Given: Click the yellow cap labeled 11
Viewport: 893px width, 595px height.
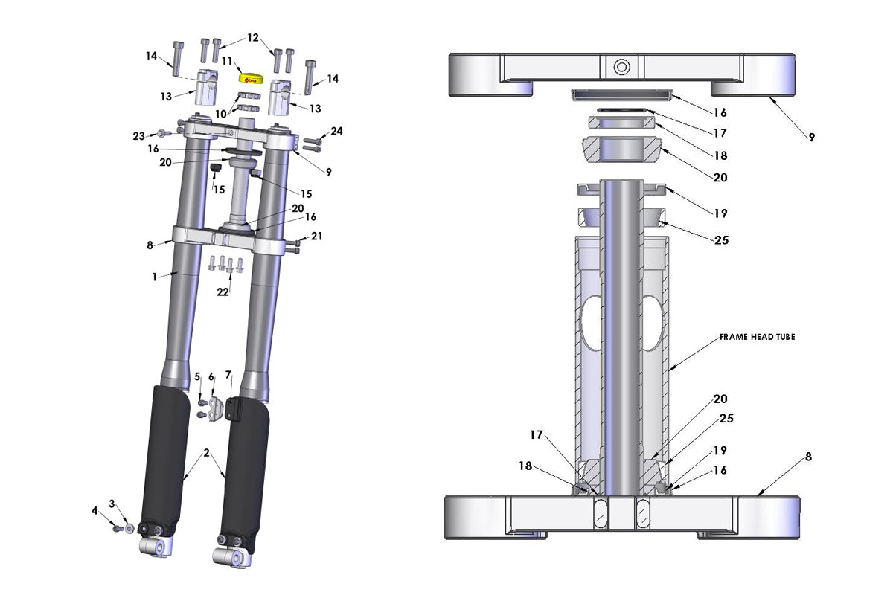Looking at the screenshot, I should pos(248,77).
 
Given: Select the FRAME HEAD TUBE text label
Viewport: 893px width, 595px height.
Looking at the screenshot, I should pos(757,337).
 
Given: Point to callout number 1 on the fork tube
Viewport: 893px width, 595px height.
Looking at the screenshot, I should pos(154,277).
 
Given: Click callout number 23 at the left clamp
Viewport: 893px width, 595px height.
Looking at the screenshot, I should pos(138,136).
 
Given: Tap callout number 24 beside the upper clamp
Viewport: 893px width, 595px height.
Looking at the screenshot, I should pos(336,132).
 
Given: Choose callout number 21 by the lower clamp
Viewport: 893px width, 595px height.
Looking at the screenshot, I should pos(317,237).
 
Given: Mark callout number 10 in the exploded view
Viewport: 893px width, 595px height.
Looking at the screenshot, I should pos(221,113).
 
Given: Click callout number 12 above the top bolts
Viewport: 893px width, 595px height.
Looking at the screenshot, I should pos(253,37).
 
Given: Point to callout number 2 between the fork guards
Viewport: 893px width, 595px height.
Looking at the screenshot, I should pos(207,453).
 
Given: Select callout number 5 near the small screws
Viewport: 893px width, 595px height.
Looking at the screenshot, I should pos(198,376).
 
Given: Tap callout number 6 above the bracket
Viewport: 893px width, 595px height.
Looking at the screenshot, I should pos(211,376).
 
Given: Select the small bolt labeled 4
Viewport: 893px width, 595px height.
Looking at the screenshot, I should pos(118,528).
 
